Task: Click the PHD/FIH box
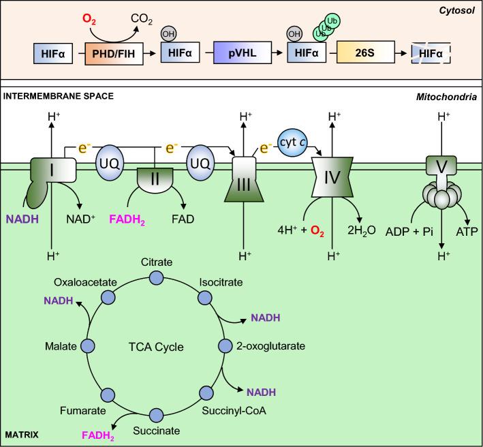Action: [x=114, y=52]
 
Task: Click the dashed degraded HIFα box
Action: [x=438, y=52]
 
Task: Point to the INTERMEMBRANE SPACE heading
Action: [x=58, y=96]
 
